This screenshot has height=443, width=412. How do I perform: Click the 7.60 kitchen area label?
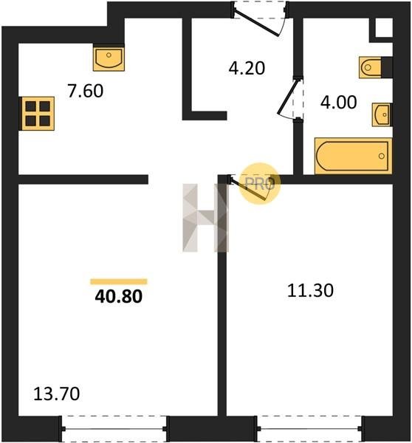point(86,91)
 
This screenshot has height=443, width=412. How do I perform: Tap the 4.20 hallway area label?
point(247,68)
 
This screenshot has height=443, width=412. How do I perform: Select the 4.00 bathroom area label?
point(338,102)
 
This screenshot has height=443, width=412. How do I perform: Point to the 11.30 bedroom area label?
point(310,290)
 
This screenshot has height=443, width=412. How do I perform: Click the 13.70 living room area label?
point(57,394)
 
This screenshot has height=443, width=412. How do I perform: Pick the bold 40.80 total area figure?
point(118,297)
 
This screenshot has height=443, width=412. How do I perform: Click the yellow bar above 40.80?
point(119,281)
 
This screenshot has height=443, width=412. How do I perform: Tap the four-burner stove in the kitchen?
point(38,114)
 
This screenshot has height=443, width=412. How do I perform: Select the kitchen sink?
point(109,59)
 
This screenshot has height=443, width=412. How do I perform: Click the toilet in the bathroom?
point(370,67)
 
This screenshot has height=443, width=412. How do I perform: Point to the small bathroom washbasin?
point(382,114)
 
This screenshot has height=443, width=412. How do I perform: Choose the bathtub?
point(353,156)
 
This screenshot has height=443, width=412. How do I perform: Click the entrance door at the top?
point(258,20)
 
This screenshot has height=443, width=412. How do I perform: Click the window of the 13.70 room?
point(114,429)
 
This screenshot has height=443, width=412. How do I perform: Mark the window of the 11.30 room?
point(309,429)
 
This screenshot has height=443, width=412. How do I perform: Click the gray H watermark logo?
point(205,218)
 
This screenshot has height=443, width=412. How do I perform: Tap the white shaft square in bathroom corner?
point(384,27)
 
